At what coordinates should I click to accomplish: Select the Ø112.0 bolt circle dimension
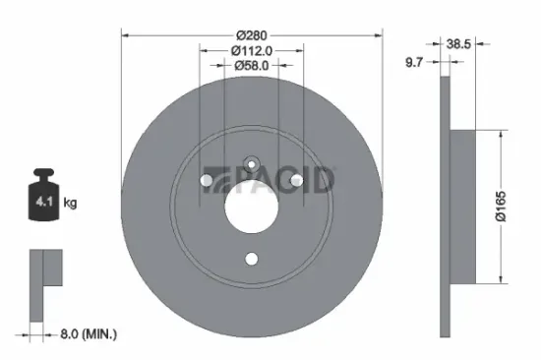[251, 51]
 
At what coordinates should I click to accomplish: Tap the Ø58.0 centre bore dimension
[251, 66]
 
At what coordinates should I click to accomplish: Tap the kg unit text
[71, 203]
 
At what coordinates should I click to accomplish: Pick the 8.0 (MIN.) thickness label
[87, 334]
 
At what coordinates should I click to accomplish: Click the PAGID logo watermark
[270, 179]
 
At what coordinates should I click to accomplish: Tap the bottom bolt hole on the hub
[251, 259]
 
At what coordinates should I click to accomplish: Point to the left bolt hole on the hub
[206, 179]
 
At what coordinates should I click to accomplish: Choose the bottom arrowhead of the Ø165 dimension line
[504, 280]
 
